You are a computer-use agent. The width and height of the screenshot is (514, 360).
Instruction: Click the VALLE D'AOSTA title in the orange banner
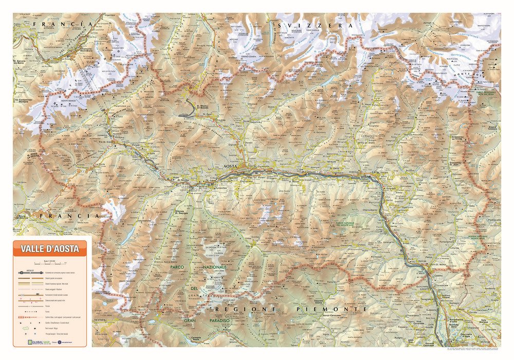coord(50,249)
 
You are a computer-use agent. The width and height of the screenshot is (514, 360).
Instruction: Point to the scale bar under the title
coord(50,262)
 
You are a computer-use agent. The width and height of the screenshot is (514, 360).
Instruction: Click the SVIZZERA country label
coord(314,25)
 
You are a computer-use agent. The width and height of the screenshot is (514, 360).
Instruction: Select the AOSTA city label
coord(233,167)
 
